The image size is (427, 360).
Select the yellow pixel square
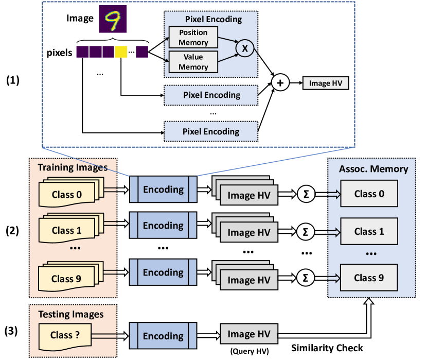[x=121, y=52]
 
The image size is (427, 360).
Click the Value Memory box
[x=193, y=62]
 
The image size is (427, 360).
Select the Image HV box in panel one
[x=326, y=82]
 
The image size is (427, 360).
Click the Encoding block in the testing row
[x=163, y=336]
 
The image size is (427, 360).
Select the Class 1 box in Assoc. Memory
[x=369, y=232]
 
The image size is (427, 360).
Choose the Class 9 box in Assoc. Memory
[x=369, y=278]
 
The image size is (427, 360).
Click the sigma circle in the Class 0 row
[x=305, y=194]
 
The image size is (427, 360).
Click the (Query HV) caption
[x=248, y=352]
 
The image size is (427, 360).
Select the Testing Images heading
[x=71, y=314]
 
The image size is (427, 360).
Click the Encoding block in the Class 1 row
[x=163, y=226]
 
